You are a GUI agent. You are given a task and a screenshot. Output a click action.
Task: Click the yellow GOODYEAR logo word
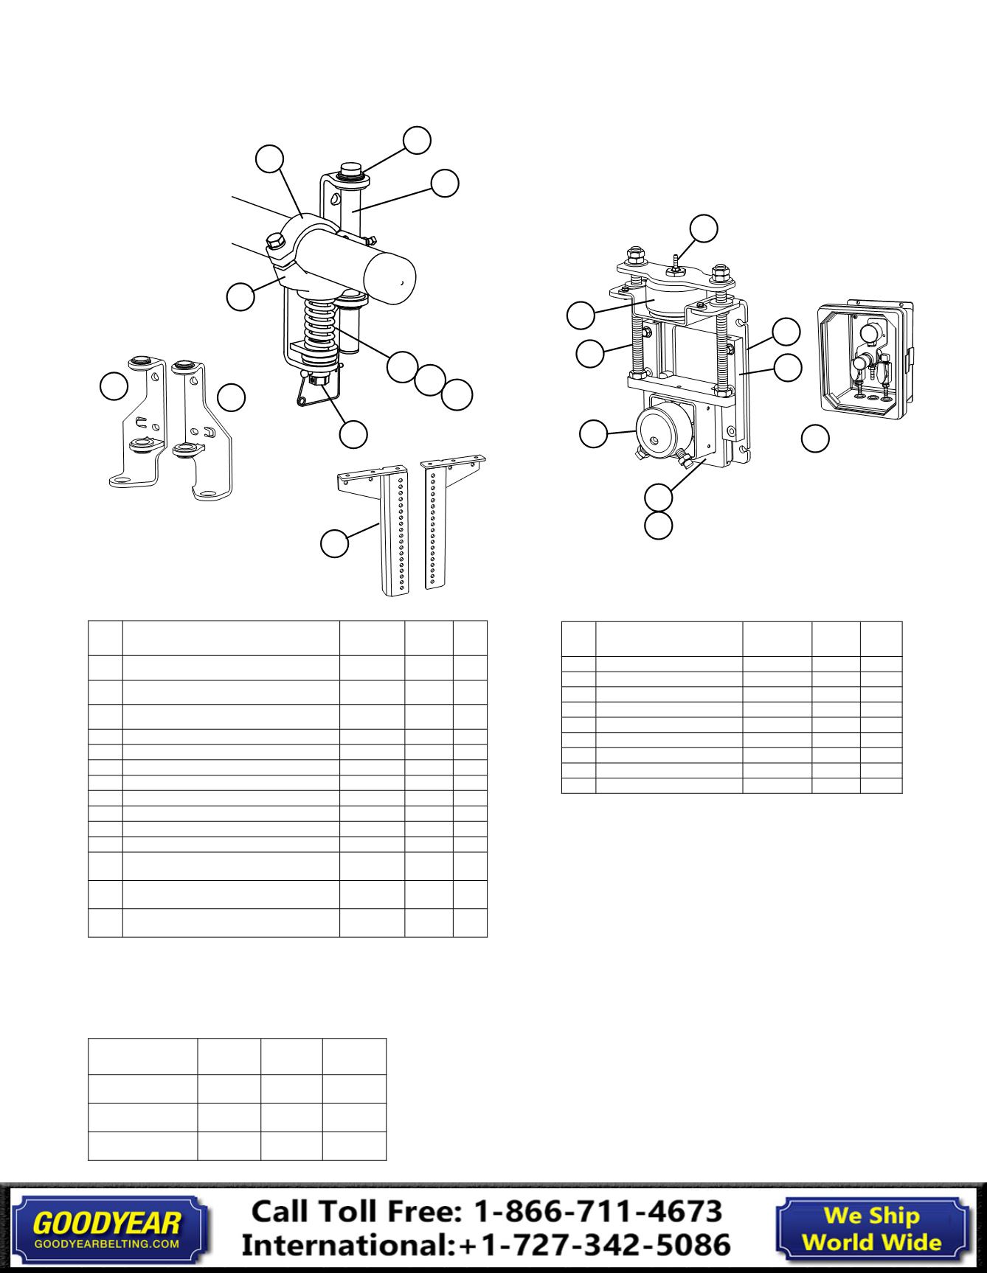(x=106, y=1224)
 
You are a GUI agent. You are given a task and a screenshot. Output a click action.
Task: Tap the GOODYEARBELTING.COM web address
(x=106, y=1244)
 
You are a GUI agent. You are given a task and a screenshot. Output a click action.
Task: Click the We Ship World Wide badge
(x=871, y=1229)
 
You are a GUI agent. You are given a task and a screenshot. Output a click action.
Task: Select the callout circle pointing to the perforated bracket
(x=334, y=543)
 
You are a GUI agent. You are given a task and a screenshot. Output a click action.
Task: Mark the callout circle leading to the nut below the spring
(x=353, y=434)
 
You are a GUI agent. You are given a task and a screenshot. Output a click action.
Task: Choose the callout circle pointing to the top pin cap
(x=417, y=141)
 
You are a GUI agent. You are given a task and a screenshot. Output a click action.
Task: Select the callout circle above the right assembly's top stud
(x=703, y=228)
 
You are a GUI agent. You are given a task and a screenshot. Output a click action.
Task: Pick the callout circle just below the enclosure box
(x=815, y=438)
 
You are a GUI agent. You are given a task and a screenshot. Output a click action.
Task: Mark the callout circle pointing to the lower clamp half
(x=240, y=297)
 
